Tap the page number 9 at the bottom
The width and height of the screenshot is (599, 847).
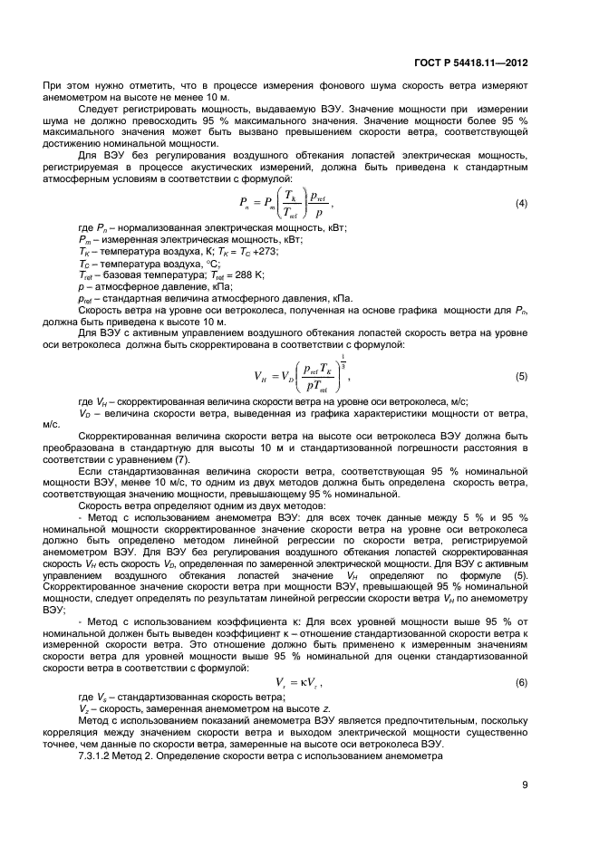coord(550,785)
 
